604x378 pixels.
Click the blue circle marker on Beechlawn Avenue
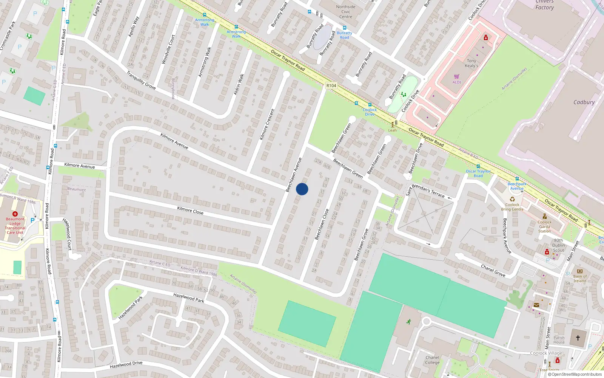coord(302,189)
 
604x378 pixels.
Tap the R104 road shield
coord(331,86)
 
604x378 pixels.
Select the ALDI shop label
coord(457,82)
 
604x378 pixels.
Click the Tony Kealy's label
coord(471,63)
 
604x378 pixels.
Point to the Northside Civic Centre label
coord(346,12)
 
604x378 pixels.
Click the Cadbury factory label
coord(584,102)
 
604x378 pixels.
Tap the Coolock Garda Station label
coord(544,226)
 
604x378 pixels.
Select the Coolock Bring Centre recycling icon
coord(512,199)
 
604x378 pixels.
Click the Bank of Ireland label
coord(580,279)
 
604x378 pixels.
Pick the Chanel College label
coord(432,360)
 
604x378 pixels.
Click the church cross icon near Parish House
coord(578,338)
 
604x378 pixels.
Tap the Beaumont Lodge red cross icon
coord(15,214)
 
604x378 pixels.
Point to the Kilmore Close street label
coord(190,211)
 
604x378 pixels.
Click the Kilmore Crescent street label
coord(267,124)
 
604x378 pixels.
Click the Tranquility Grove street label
coord(141,80)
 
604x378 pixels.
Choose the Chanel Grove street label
coord(493,270)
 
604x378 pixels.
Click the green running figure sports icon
coord(408,322)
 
